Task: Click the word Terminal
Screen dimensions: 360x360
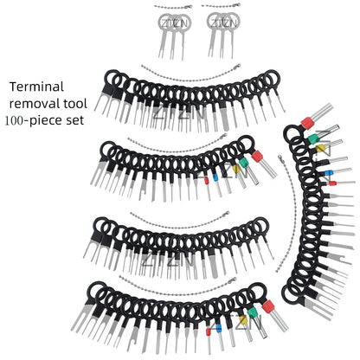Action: point(36,87)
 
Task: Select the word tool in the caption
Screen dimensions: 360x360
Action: point(75,103)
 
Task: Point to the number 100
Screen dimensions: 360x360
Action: point(14,120)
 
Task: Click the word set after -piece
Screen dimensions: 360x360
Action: point(75,120)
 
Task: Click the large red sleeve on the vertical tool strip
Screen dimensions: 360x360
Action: point(307,123)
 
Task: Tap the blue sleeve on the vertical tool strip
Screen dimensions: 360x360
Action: point(329,172)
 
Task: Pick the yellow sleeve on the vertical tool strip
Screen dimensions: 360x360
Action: point(320,148)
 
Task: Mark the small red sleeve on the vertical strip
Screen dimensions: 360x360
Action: point(332,183)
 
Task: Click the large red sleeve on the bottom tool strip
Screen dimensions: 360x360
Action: point(268,307)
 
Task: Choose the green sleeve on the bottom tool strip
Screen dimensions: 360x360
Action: point(253,313)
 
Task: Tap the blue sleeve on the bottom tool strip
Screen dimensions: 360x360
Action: point(218,328)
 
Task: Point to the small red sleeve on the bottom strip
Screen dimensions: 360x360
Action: point(208,331)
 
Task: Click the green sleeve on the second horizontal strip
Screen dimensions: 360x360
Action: point(243,162)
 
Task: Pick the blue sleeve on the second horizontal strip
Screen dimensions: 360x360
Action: point(215,177)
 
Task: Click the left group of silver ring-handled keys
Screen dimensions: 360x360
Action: point(174,35)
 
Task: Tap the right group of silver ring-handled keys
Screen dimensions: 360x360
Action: point(223,35)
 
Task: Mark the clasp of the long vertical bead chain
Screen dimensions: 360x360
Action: point(280,157)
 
